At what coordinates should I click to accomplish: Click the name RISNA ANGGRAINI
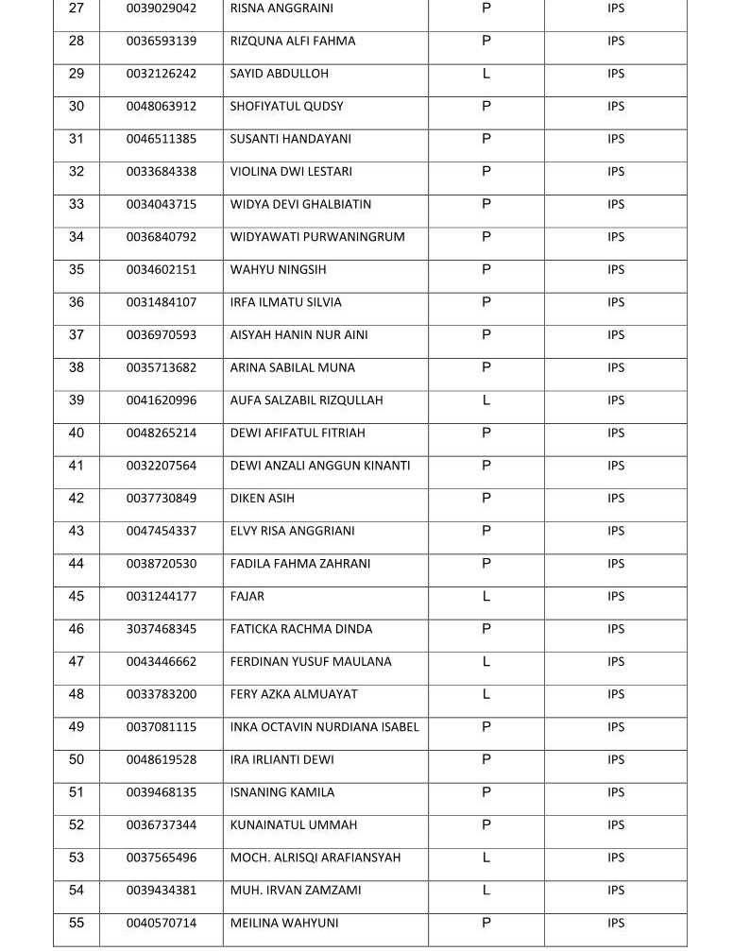[x=281, y=8]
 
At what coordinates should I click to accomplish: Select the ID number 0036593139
[x=162, y=42]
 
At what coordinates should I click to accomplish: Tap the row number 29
[x=77, y=74]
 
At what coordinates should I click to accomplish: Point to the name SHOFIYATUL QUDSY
[x=286, y=107]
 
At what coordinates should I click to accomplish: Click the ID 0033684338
[x=162, y=172]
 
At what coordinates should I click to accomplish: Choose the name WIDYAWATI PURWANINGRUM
[x=317, y=237]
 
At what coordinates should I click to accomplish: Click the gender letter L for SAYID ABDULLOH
[x=486, y=74]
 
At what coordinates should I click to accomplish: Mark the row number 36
[x=77, y=302]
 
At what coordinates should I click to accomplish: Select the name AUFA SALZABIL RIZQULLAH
[x=306, y=400]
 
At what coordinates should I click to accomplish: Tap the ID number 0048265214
[x=162, y=433]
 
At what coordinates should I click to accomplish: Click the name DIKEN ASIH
[x=262, y=499]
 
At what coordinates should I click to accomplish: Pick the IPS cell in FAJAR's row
[x=616, y=597]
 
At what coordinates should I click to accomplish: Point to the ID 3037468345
[x=162, y=629]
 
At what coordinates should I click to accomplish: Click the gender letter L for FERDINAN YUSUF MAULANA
[x=486, y=662]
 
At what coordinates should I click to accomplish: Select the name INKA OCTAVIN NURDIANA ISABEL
[x=324, y=727]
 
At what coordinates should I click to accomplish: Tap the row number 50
[x=77, y=760]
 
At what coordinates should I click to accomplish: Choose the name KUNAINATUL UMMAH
[x=293, y=825]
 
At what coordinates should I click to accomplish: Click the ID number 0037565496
[x=162, y=858]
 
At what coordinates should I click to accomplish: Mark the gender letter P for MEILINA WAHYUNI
[x=486, y=924]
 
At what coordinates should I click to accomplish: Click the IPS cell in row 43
[x=616, y=531]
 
